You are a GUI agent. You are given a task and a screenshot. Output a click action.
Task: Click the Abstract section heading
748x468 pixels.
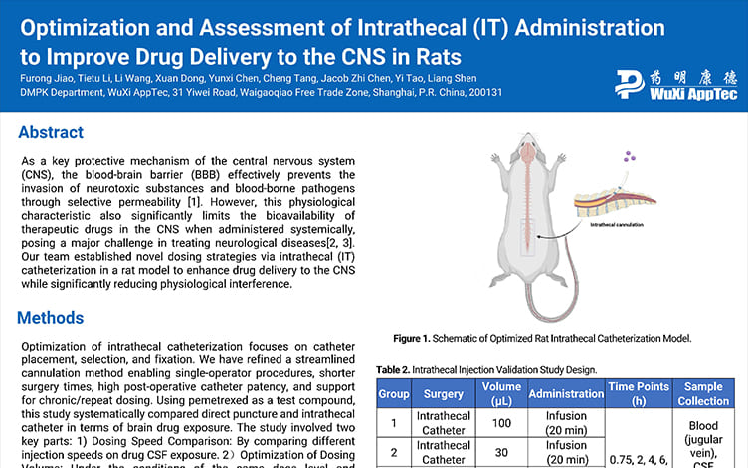[x=51, y=132]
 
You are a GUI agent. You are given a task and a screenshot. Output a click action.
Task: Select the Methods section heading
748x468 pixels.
[x=54, y=318]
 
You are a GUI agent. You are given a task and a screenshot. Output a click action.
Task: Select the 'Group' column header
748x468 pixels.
[x=394, y=393]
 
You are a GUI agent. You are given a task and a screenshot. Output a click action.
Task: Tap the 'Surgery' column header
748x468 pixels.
[x=443, y=393]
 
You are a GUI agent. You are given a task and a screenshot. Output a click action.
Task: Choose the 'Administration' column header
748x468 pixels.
[x=566, y=393]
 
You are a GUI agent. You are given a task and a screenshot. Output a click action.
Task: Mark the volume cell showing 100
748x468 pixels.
[x=501, y=423]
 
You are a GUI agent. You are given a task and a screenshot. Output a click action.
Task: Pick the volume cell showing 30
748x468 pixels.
[x=501, y=452]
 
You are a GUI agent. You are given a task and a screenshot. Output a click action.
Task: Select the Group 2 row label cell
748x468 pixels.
[x=394, y=452]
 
